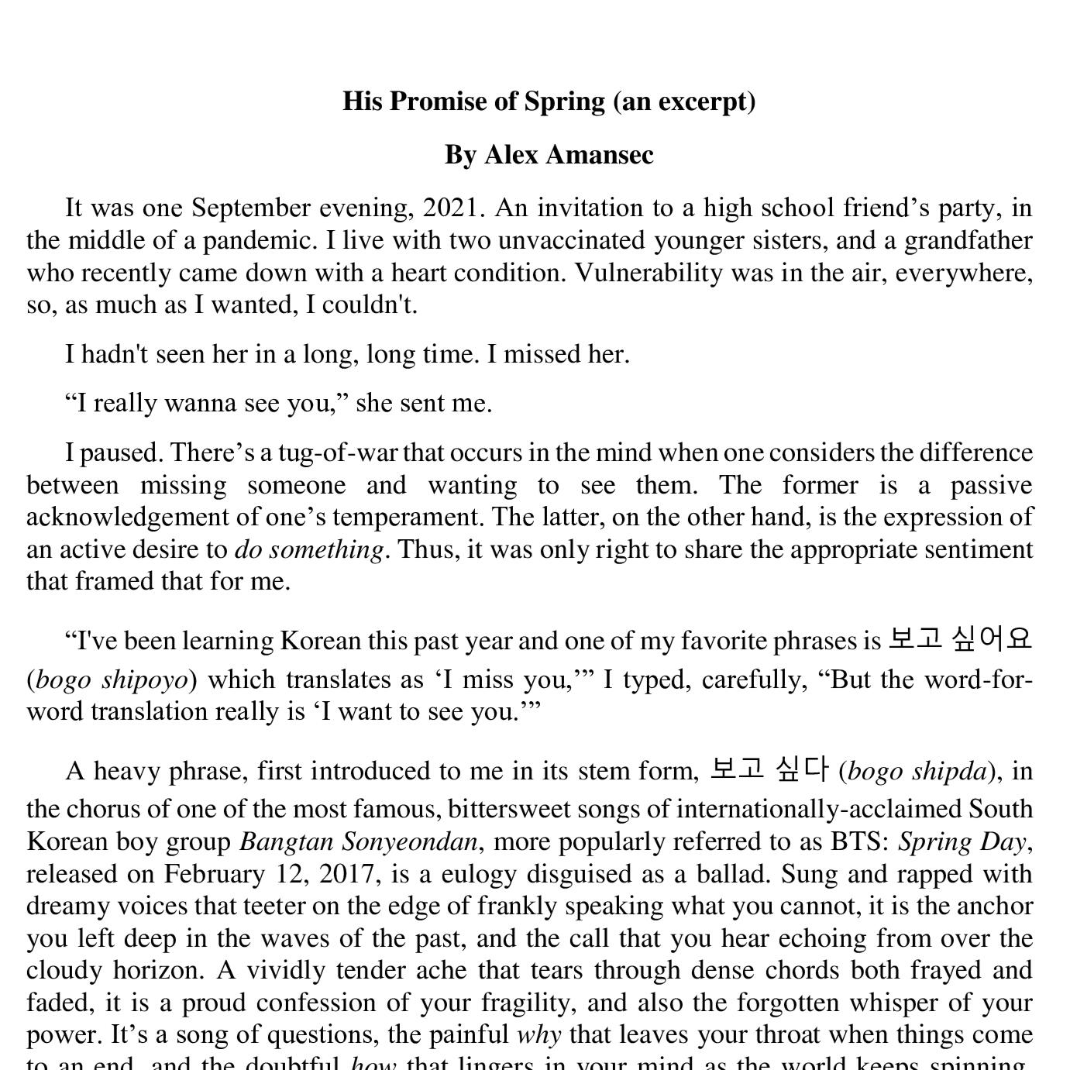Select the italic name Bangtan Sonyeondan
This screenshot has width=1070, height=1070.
coord(358,841)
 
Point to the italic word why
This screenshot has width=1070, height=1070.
coord(538,1035)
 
